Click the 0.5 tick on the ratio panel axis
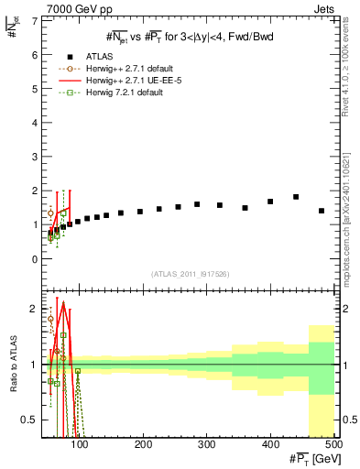click(31, 420)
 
